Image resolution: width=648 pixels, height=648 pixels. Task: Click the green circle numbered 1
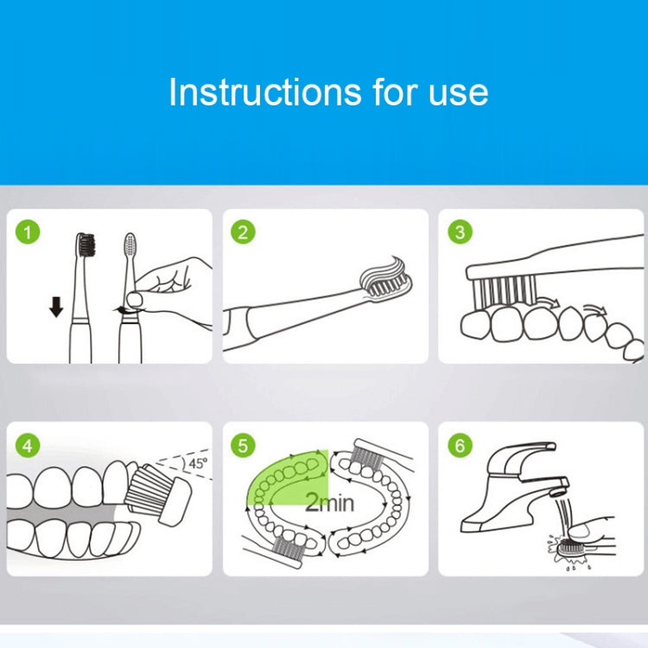click(x=28, y=232)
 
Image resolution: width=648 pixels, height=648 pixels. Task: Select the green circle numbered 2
click(x=243, y=232)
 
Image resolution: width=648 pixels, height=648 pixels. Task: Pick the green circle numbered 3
click(x=460, y=232)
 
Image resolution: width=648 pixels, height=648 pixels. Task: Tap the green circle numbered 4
click(x=28, y=446)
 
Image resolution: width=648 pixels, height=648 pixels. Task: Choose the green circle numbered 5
click(x=243, y=446)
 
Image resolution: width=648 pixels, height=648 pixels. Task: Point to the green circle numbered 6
click(x=460, y=446)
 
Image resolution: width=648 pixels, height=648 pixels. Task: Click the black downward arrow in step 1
click(x=56, y=307)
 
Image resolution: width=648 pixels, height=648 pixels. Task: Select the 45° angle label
click(x=198, y=463)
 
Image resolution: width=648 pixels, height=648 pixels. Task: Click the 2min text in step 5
click(x=329, y=503)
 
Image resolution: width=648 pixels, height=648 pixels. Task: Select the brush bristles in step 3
click(x=505, y=291)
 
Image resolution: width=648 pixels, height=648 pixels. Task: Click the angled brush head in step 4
click(x=158, y=495)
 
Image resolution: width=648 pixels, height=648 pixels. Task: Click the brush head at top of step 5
click(x=366, y=454)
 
